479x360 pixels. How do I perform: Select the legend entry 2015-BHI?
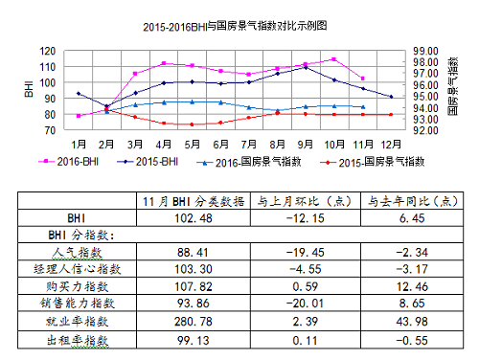pos(157,161)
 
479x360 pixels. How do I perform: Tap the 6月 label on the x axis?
pos(220,143)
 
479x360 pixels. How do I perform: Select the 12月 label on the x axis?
pos(391,143)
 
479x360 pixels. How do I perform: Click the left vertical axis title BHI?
pos(28,89)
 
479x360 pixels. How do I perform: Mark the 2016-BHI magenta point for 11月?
pos(362,79)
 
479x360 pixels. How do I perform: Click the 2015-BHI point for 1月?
pos(79,94)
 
